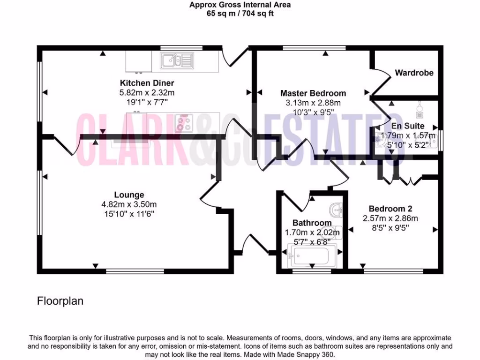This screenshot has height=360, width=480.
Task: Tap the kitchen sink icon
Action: coord(176,60)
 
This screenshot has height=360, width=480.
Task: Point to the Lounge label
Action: coord(129,195)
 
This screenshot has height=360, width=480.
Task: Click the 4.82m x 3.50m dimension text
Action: coord(129,204)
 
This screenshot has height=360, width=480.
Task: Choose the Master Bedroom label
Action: coord(313,93)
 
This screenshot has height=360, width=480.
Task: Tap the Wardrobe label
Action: coord(414,73)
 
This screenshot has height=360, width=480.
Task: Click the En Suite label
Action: coord(408,126)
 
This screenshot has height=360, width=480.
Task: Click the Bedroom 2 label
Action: coord(390,209)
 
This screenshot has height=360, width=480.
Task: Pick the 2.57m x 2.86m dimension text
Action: coord(390,218)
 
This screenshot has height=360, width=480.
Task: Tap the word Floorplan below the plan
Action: coord(60,301)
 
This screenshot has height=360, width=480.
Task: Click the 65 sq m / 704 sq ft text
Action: coord(240,14)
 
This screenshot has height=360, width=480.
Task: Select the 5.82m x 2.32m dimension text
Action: coord(147,93)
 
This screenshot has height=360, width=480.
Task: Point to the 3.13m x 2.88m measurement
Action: coord(313,103)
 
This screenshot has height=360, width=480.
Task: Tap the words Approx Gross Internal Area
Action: coord(240,5)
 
